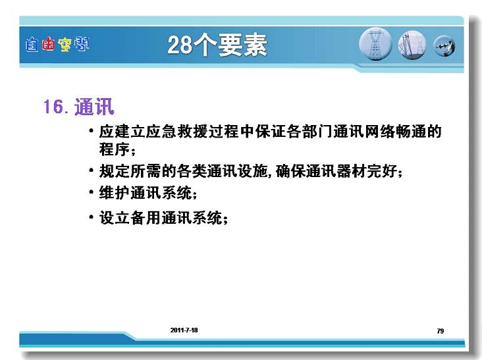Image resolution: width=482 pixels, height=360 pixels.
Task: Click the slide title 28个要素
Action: (217, 45)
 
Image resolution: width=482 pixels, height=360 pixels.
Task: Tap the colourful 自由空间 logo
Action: (57, 45)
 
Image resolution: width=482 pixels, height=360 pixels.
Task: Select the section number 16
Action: (53, 106)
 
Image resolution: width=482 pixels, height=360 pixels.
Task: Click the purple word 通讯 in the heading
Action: (94, 107)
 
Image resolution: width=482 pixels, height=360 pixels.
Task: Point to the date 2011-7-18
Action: (184, 330)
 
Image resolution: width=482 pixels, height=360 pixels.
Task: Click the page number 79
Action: (441, 331)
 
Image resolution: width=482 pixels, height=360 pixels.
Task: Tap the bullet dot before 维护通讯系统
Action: (91, 192)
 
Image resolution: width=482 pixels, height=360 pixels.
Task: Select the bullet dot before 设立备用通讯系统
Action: (91, 217)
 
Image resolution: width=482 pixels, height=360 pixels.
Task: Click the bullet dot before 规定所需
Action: (91, 170)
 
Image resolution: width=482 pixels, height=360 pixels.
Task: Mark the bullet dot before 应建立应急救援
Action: (91, 130)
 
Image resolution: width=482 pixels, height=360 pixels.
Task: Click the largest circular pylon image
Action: (375, 44)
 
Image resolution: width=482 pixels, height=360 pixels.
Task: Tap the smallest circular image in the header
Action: (444, 46)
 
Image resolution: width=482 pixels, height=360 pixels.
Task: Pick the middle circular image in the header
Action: (412, 45)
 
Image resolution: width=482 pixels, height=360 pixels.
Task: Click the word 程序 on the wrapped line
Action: (114, 149)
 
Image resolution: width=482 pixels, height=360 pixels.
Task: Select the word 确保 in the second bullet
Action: (290, 171)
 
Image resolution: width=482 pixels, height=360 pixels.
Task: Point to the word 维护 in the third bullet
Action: (114, 193)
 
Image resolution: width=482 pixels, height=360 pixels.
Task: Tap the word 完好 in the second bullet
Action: (382, 171)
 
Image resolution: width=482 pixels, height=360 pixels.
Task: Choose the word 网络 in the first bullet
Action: (380, 132)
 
